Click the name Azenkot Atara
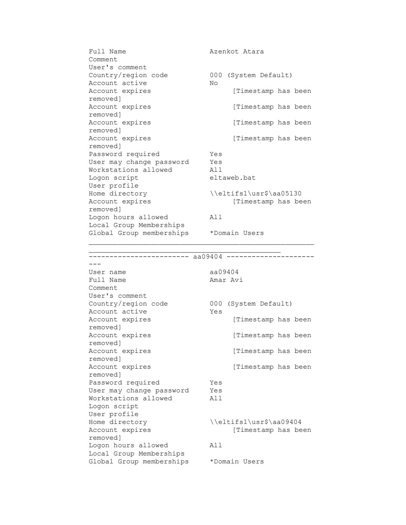click(x=236, y=51)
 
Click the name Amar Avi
click(x=226, y=280)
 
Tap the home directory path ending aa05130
click(x=255, y=194)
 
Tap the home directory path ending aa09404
click(x=255, y=422)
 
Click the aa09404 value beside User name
click(x=224, y=272)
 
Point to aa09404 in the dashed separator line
click(x=208, y=257)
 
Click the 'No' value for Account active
click(x=214, y=83)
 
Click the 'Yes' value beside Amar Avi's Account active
click(x=216, y=312)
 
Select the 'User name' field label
click(x=107, y=272)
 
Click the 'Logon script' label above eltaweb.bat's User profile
click(x=114, y=178)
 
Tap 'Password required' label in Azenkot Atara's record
click(x=124, y=154)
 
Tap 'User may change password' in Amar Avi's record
click(x=139, y=390)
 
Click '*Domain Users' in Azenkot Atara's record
click(x=236, y=233)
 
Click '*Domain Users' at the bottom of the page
click(x=236, y=461)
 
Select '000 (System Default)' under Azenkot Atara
click(x=251, y=75)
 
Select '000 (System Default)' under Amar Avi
click(x=251, y=304)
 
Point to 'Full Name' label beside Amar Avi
click(x=107, y=280)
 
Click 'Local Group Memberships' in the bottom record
click(x=136, y=454)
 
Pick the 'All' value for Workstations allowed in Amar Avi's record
click(x=216, y=398)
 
